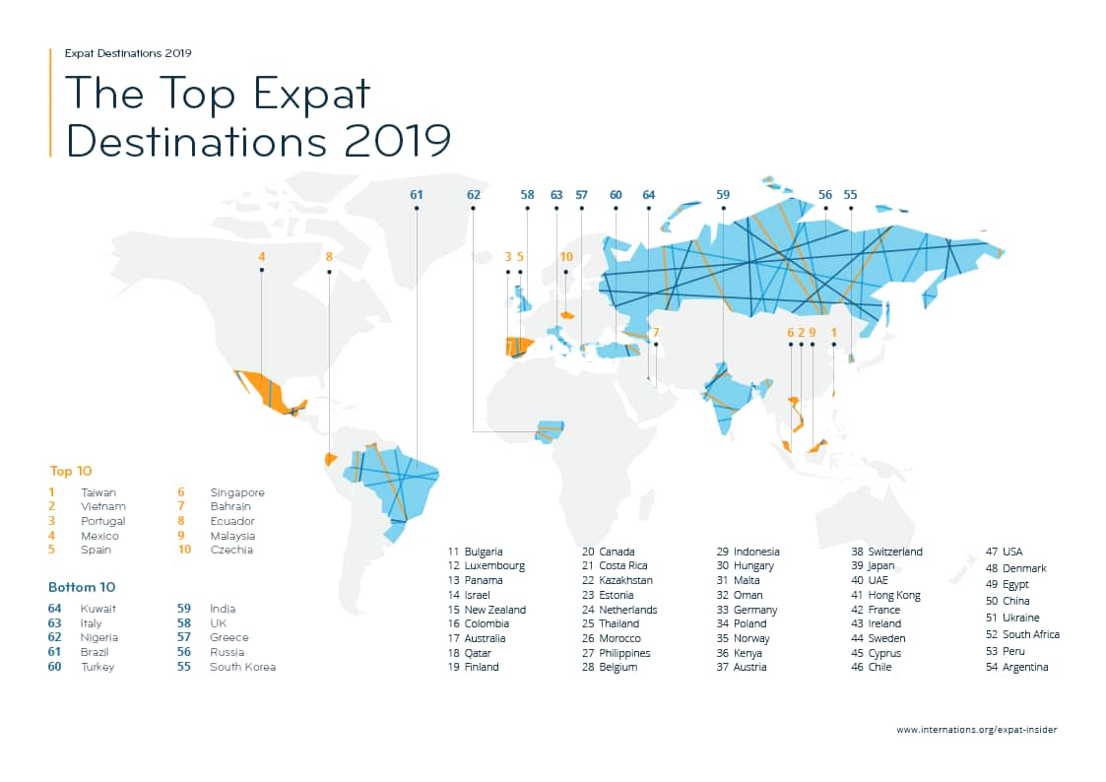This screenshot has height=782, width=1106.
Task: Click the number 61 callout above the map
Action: coord(416,195)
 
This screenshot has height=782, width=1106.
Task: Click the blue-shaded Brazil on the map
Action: coord(394,483)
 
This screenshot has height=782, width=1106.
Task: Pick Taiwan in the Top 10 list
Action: coord(98,491)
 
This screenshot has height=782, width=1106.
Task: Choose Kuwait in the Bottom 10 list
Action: coord(98,609)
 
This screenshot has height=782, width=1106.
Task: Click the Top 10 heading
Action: coord(70,471)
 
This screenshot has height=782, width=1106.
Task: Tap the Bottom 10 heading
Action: coord(82,587)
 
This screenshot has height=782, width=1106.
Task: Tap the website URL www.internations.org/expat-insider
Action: coord(976,730)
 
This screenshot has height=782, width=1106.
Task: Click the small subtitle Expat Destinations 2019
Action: coord(128,52)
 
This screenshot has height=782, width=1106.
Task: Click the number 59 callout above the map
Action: coord(723,195)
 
